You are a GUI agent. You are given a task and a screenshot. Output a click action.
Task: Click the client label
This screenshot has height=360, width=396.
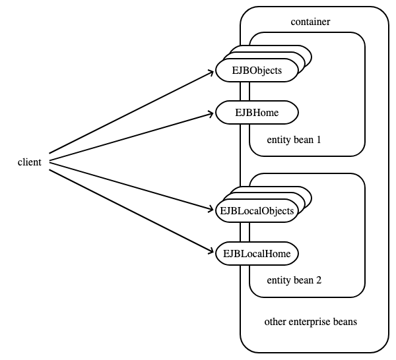pyautogui.click(x=29, y=162)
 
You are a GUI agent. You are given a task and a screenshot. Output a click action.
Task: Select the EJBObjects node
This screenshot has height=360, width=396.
pyautogui.click(x=257, y=71)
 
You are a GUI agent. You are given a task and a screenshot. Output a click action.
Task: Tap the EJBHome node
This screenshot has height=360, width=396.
pyautogui.click(x=257, y=113)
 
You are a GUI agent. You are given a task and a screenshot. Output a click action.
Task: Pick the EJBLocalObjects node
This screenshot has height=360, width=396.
pyautogui.click(x=257, y=211)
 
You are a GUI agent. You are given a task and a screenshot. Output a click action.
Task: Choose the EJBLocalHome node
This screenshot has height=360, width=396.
pyautogui.click(x=257, y=254)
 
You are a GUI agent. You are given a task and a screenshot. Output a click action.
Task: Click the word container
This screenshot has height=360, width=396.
pyautogui.click(x=310, y=22)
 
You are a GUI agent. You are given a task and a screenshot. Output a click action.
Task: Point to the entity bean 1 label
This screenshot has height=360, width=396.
pyautogui.click(x=294, y=140)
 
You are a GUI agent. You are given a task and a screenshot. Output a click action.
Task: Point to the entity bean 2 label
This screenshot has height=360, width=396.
pyautogui.click(x=294, y=280)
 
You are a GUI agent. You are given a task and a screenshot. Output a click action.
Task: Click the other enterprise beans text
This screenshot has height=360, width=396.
pyautogui.click(x=311, y=322)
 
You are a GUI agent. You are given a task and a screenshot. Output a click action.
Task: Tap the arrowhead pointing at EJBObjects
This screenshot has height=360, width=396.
pyautogui.click(x=212, y=72)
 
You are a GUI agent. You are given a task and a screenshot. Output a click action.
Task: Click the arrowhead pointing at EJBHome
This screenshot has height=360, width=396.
pyautogui.click(x=211, y=114)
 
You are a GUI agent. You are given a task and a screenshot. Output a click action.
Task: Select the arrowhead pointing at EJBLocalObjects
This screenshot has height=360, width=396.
pyautogui.click(x=211, y=209)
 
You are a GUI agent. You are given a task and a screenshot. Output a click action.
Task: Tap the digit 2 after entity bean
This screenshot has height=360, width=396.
pyautogui.click(x=319, y=280)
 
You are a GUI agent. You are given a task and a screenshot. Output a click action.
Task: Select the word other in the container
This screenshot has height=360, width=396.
pyautogui.click(x=275, y=322)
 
